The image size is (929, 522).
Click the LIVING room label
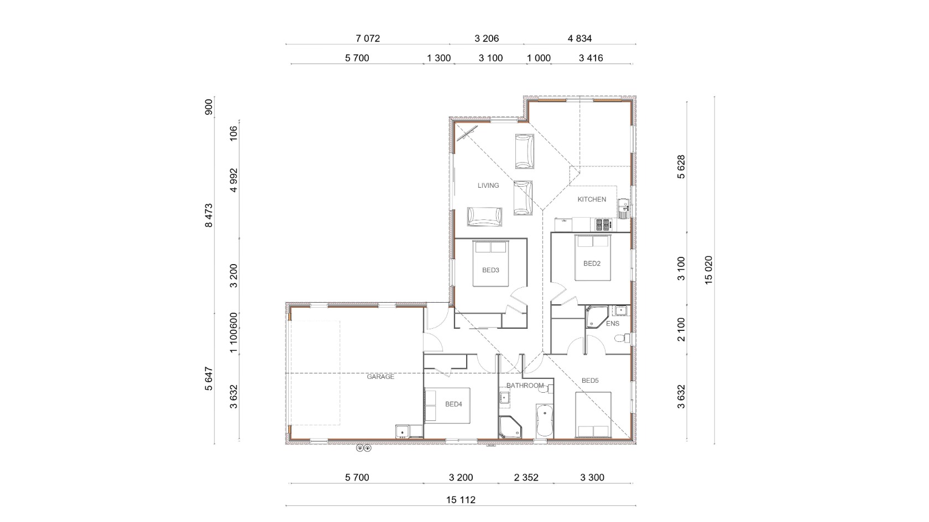(x=488, y=186)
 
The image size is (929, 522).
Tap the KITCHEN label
(x=592, y=199)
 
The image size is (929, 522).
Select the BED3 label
(x=490, y=270)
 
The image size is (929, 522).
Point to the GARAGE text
(x=380, y=377)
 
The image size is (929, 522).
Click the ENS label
(x=613, y=324)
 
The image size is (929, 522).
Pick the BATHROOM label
(x=525, y=386)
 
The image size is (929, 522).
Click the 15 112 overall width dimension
(x=461, y=499)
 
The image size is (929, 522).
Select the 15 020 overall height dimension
(x=708, y=270)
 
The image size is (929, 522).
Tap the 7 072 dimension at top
(x=368, y=39)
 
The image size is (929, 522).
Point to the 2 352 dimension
(x=526, y=477)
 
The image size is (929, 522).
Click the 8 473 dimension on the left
(x=208, y=215)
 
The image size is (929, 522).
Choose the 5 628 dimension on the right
(x=681, y=167)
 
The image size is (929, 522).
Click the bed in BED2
(x=592, y=257)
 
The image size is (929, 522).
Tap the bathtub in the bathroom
(x=545, y=420)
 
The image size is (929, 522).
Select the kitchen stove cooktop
(x=603, y=224)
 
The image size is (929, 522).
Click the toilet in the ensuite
(x=622, y=339)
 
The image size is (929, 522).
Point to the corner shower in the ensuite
(x=596, y=317)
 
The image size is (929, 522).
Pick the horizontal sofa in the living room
(x=484, y=217)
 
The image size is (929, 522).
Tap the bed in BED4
(x=447, y=405)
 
